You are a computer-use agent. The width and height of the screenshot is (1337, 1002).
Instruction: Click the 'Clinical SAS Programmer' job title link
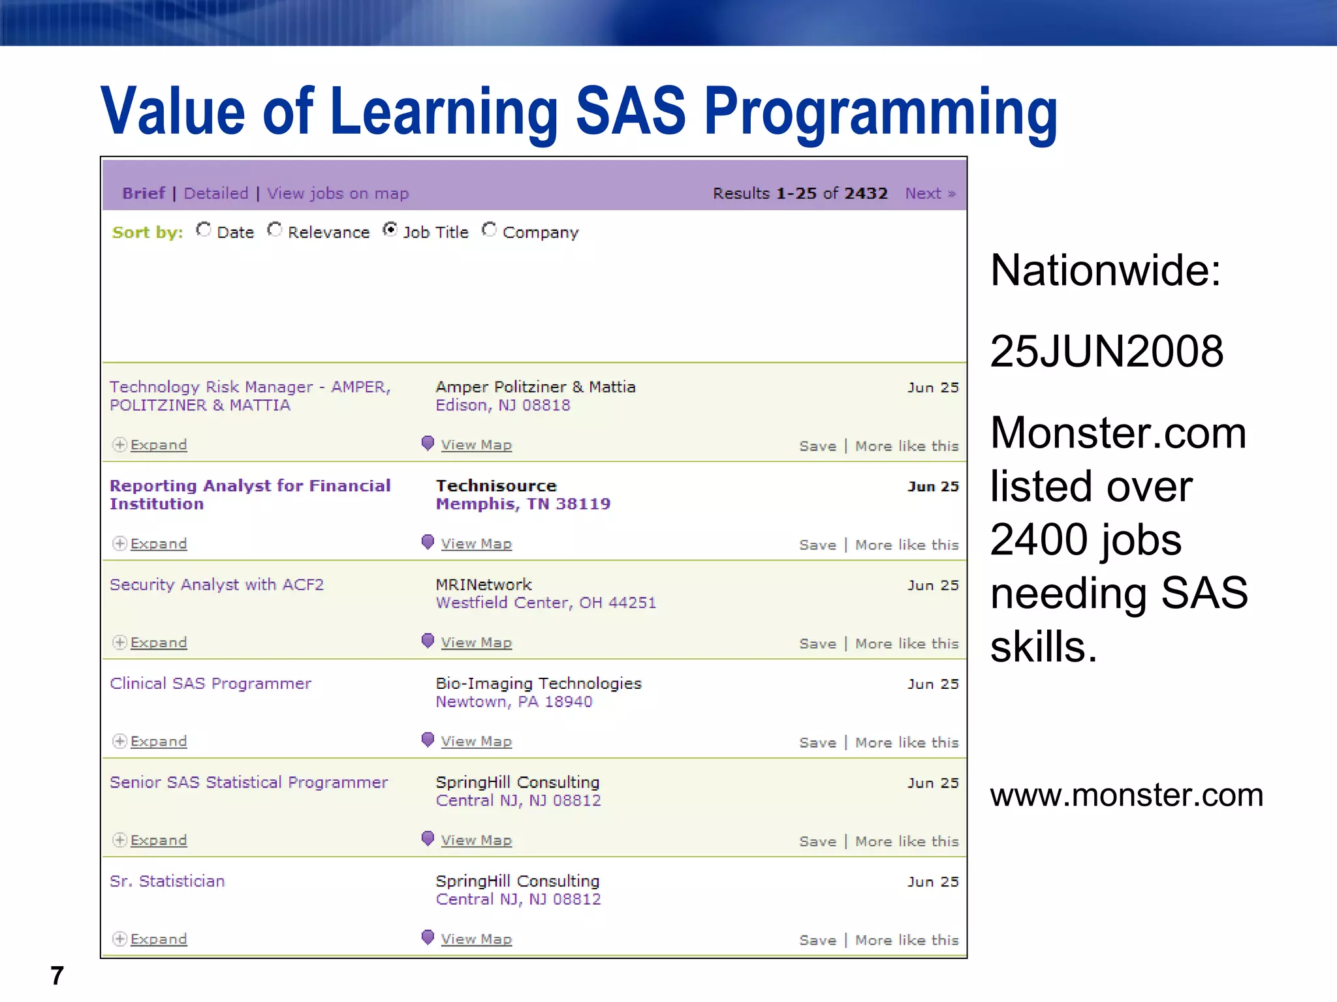[x=210, y=684]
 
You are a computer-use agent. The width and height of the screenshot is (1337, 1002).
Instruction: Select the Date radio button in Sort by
[x=204, y=230]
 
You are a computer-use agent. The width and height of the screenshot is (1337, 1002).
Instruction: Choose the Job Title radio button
[x=390, y=230]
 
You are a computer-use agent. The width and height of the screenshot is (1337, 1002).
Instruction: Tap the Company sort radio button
[x=489, y=230]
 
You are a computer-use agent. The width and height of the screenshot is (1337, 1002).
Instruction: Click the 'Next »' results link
[x=930, y=194]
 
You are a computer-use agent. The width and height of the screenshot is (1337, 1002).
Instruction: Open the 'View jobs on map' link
[x=338, y=194]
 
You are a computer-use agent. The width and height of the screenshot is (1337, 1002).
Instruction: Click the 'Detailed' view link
[x=216, y=194]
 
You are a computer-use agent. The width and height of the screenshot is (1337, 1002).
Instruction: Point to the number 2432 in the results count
[x=866, y=194]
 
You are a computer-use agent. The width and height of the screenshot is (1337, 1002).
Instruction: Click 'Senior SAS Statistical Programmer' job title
[x=249, y=782]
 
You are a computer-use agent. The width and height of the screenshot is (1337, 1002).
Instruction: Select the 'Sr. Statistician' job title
[x=167, y=881]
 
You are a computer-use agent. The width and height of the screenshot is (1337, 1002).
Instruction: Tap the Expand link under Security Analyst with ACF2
[x=158, y=643]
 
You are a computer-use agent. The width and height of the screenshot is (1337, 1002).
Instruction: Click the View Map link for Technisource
[x=476, y=544]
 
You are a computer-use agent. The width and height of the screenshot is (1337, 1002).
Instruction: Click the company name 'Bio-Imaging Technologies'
[x=539, y=684]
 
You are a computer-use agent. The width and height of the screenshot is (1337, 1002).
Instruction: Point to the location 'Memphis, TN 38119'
[x=523, y=504]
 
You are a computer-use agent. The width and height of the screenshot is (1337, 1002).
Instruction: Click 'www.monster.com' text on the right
[x=1126, y=795]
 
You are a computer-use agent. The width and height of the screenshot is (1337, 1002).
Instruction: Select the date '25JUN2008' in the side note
[x=1107, y=352]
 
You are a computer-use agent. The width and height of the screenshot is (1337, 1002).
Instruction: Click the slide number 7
[x=57, y=976]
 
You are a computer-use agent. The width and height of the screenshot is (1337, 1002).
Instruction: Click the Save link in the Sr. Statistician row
[x=817, y=940]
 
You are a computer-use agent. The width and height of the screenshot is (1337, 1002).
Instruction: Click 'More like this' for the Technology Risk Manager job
[x=907, y=446]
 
